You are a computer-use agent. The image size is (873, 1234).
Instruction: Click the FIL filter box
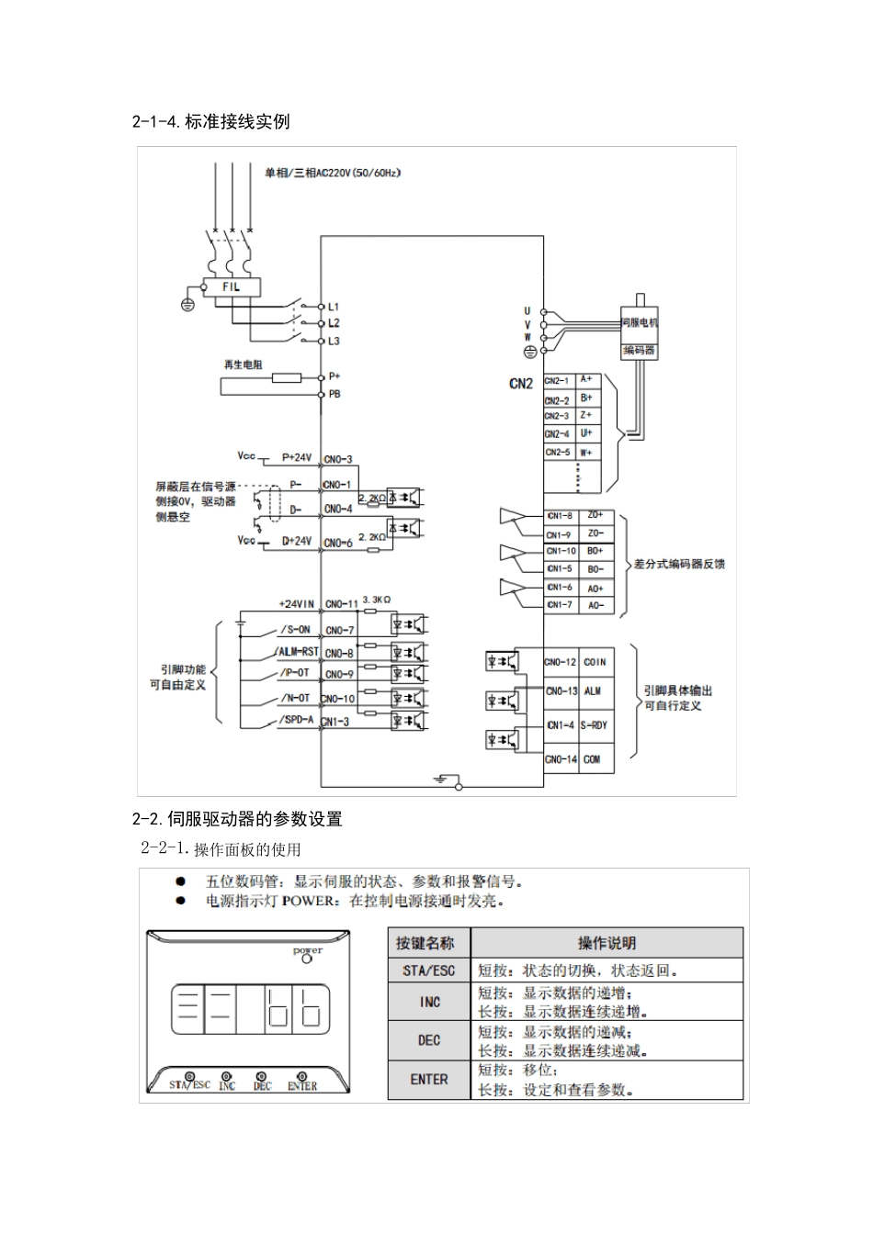230,287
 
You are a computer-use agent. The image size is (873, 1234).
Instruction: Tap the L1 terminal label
334,306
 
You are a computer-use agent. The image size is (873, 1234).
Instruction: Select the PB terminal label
334,394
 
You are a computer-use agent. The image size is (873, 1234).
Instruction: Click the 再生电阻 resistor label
243,365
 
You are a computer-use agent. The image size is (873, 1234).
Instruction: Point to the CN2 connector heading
521,384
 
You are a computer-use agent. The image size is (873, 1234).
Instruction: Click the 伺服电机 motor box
640,322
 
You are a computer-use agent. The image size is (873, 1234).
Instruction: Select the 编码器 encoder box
640,350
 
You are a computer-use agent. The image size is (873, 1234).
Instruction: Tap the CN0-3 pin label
338,459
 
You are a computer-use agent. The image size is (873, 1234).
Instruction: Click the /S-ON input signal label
294,630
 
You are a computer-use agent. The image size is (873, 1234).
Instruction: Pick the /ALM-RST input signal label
296,652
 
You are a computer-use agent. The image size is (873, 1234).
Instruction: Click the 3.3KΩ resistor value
377,599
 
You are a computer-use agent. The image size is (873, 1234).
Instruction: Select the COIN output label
595,662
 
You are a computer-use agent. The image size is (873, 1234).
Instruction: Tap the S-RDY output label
595,725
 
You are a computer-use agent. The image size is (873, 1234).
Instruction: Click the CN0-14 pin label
561,759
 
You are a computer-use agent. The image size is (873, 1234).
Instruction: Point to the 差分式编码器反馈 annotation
679,564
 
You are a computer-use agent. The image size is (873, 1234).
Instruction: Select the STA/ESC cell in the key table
429,970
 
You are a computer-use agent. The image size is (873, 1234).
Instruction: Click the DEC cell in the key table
429,1040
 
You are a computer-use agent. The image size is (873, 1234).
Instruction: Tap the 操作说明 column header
607,943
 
